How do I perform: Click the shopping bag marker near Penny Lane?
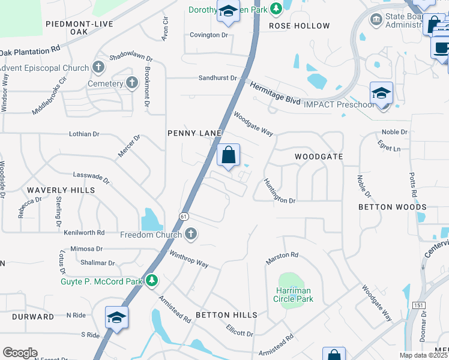click(x=228, y=156)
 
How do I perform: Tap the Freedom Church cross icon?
click(x=191, y=234)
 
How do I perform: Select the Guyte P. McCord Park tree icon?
click(x=152, y=280)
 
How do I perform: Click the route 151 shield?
click(x=418, y=305)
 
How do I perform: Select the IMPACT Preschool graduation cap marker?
click(x=381, y=94)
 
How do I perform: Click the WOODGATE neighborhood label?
click(x=319, y=157)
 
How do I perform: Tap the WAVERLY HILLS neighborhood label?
click(x=61, y=190)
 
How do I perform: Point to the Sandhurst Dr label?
click(x=218, y=78)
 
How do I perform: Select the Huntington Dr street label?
click(x=279, y=191)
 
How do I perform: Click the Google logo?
click(x=20, y=353)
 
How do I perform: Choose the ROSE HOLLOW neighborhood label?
click(x=299, y=26)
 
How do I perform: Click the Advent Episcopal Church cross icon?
click(x=99, y=68)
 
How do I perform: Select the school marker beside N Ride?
click(x=117, y=318)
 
